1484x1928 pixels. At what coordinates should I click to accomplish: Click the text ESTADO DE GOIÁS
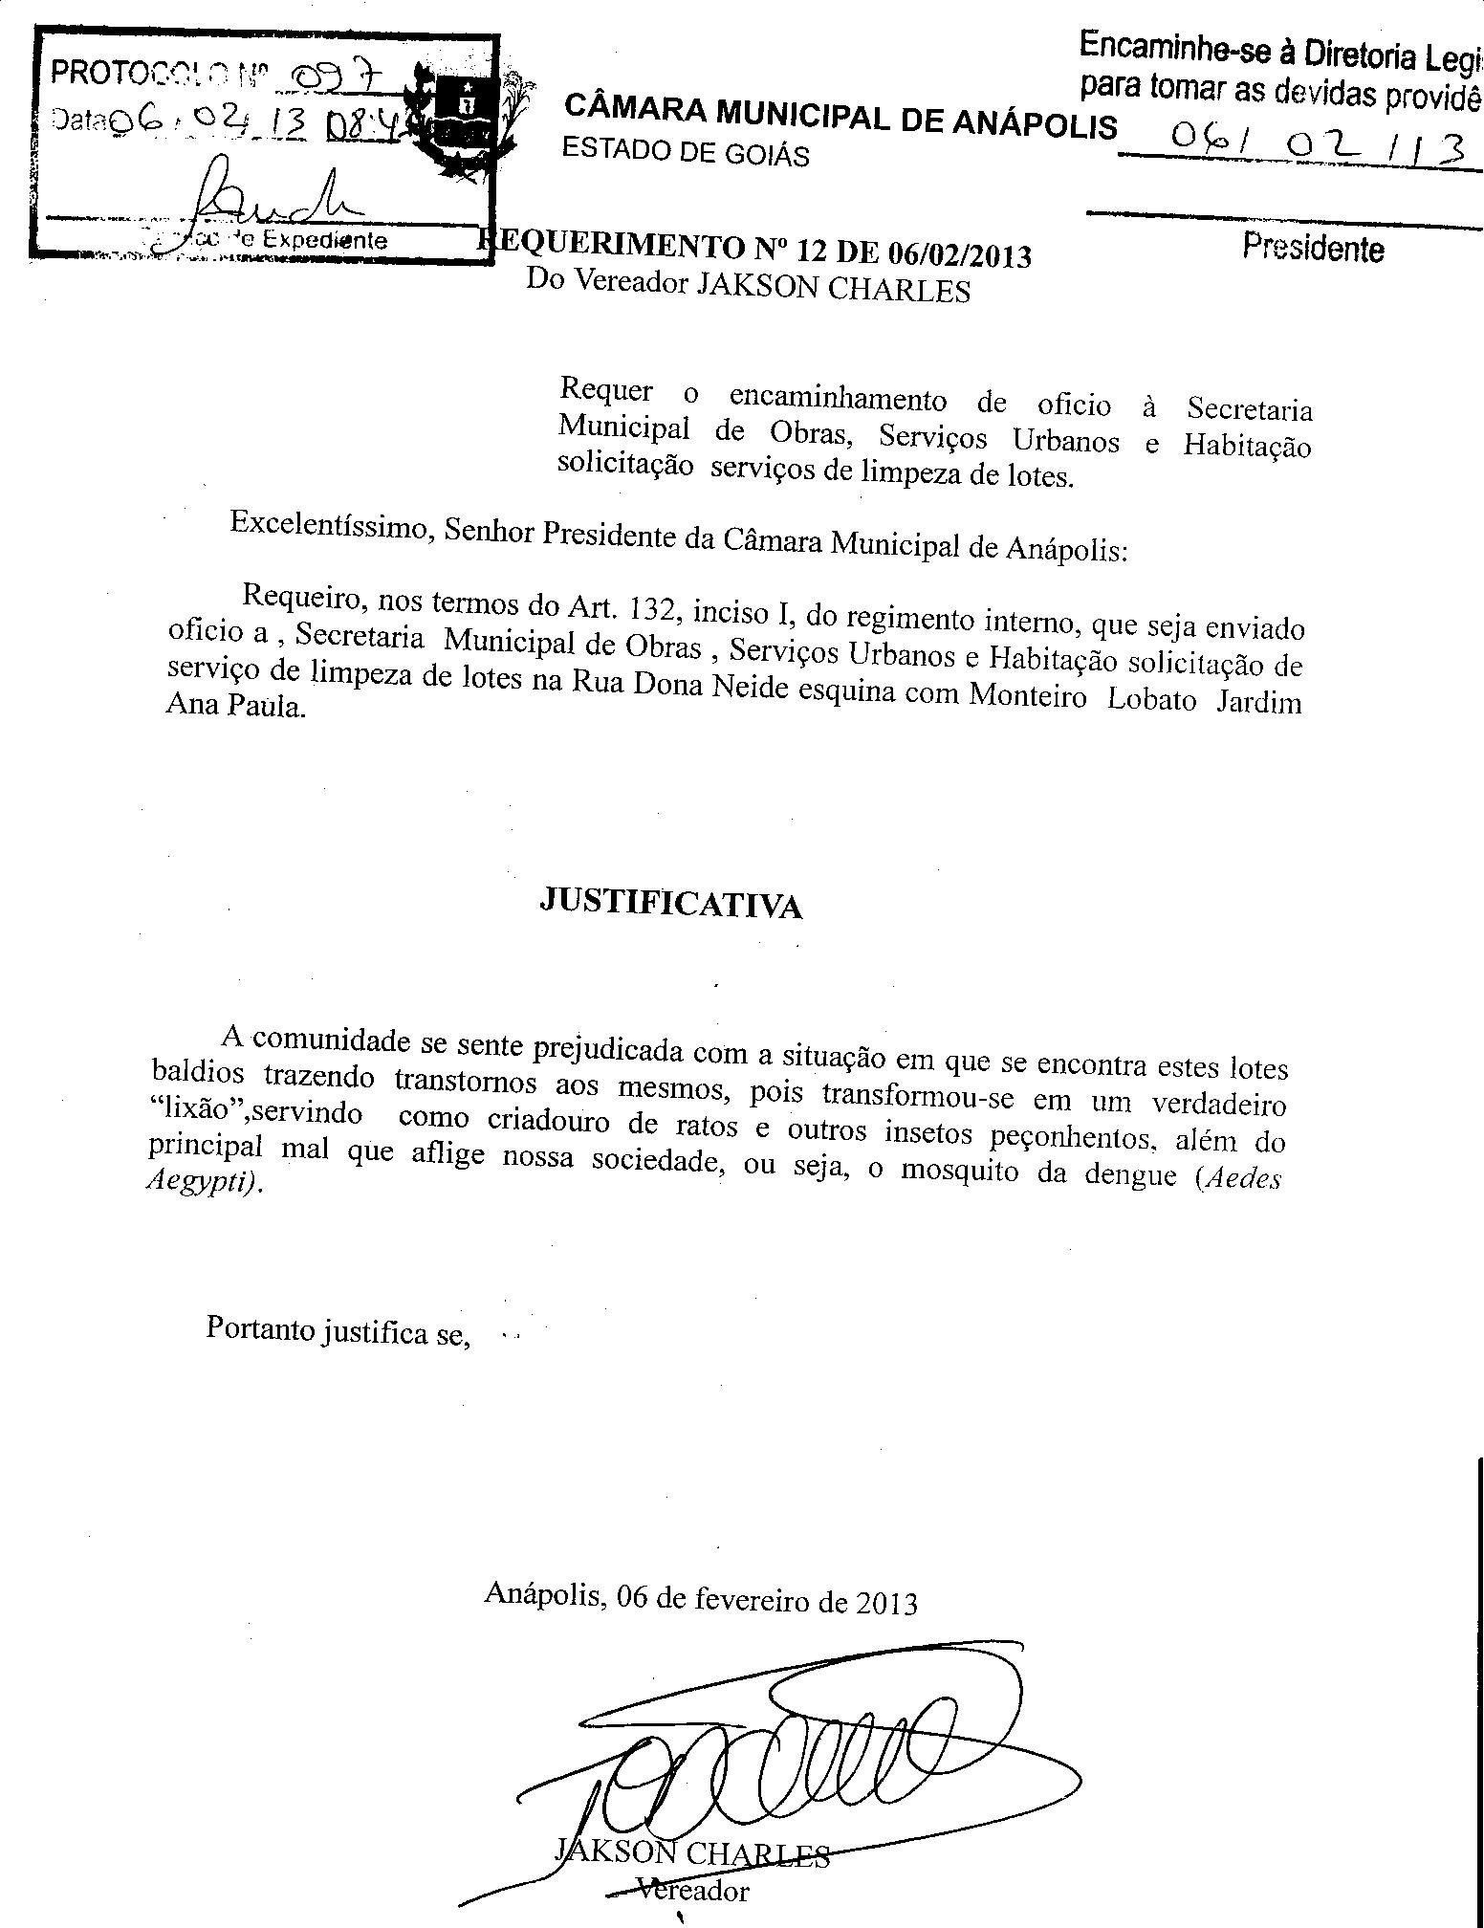686,151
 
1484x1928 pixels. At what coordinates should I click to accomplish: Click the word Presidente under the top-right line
1313,248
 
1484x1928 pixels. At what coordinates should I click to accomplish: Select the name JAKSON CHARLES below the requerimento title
832,289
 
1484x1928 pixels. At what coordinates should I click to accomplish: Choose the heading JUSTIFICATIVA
671,901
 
